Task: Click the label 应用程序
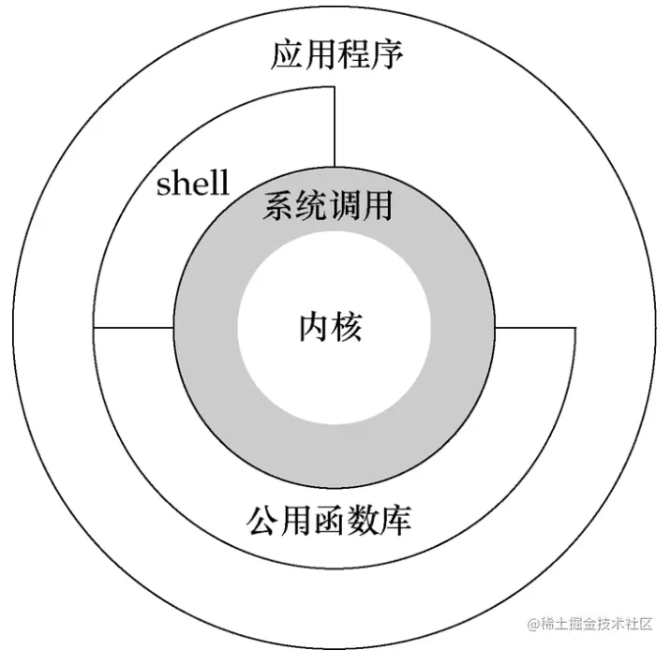336,54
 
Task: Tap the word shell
192,183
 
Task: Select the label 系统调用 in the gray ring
328,204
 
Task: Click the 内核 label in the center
330,327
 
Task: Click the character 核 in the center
347,327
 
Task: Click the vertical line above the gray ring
335,132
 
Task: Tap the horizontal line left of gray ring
133,328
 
